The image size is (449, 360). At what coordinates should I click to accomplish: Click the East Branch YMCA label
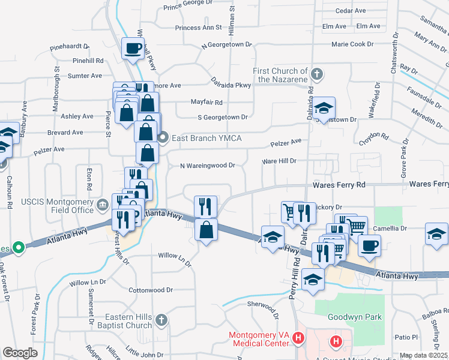pos(206,139)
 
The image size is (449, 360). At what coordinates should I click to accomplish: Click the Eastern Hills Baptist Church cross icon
pos(161,321)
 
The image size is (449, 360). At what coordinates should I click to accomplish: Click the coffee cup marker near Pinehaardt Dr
pos(133,48)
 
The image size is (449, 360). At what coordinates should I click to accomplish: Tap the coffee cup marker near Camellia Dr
pos(369,244)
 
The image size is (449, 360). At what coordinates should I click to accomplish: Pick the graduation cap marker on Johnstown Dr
pos(324,108)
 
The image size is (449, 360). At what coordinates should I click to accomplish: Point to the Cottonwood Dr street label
pos(151,290)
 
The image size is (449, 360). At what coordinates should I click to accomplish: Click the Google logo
pos(20,353)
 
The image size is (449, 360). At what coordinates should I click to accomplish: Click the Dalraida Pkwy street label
pos(231,85)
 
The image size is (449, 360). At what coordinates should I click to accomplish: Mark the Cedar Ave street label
pos(351,11)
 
